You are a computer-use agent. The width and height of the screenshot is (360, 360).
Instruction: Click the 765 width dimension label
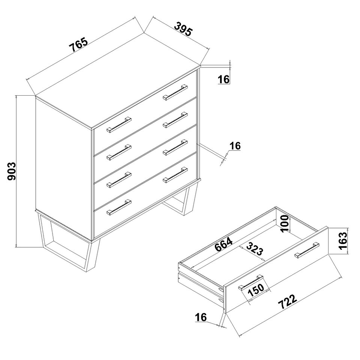tap(78, 45)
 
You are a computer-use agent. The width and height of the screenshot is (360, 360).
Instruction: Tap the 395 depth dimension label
tap(183, 29)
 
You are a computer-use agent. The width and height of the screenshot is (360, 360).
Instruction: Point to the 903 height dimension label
tap(12, 171)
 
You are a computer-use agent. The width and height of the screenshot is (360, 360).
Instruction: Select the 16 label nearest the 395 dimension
tap(223, 79)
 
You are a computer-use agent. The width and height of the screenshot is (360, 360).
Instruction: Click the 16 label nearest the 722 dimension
tap(201, 317)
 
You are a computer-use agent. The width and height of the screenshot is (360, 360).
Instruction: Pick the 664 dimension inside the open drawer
tap(223, 244)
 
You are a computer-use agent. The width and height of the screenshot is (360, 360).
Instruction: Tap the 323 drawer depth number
tap(255, 249)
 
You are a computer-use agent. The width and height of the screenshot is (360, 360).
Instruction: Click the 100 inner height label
tap(285, 223)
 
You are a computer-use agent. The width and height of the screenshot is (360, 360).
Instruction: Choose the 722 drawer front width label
tap(288, 301)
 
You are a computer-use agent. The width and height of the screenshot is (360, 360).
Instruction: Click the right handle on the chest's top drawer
tap(175, 92)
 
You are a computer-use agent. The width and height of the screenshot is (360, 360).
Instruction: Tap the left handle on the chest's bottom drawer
tap(119, 207)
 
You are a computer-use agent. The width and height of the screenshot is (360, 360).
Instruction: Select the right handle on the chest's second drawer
tap(175, 120)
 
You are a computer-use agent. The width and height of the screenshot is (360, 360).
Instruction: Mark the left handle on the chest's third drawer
tap(119, 180)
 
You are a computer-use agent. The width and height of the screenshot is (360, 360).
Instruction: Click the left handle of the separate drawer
tap(251, 282)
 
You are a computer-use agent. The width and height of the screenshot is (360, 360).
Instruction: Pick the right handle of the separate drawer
tap(307, 250)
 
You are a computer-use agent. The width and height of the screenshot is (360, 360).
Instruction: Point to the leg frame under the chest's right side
tap(181, 198)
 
